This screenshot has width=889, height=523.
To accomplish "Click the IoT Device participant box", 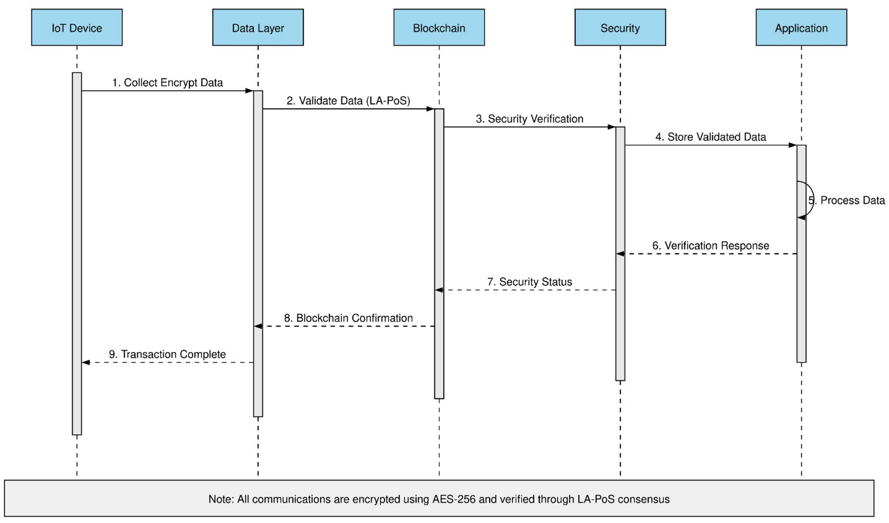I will coord(77,27).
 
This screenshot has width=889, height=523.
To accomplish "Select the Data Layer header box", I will coord(258,27).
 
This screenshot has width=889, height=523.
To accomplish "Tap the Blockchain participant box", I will coord(439,27).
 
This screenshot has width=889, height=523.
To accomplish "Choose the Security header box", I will coord(620,27).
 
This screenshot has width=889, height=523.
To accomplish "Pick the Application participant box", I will coord(801,27).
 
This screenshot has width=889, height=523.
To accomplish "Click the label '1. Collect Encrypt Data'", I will coord(167,83).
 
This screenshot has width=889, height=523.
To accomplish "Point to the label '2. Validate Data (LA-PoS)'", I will coord(348,101).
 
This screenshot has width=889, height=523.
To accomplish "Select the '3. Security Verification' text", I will coord(530,119).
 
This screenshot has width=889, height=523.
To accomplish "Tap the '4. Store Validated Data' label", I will coord(711,137).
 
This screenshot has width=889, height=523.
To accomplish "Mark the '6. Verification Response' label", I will coord(711,246).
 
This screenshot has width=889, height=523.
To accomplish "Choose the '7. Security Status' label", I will coord(530,282).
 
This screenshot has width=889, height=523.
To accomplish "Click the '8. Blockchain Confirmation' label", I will coord(348,318).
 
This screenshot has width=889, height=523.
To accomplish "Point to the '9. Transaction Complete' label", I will coord(167,354).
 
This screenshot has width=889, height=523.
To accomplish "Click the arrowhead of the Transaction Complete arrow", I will coord(86,362).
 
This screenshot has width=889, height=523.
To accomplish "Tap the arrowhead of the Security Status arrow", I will coord(439,290).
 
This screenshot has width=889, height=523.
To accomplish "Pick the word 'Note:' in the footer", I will coord(221,499).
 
